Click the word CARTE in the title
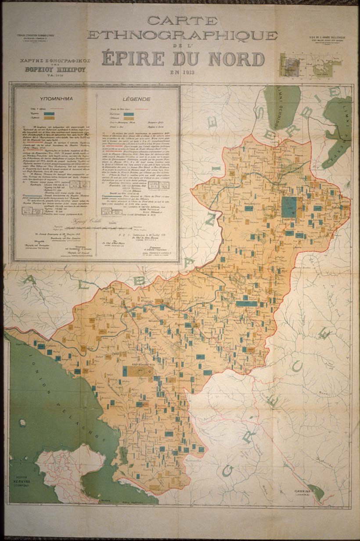(x=182, y=20)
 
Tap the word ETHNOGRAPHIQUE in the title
(x=182, y=35)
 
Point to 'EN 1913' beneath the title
(x=184, y=71)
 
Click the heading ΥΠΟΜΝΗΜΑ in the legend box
(x=54, y=99)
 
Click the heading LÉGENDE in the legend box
(x=137, y=99)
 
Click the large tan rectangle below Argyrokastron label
(x=137, y=372)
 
